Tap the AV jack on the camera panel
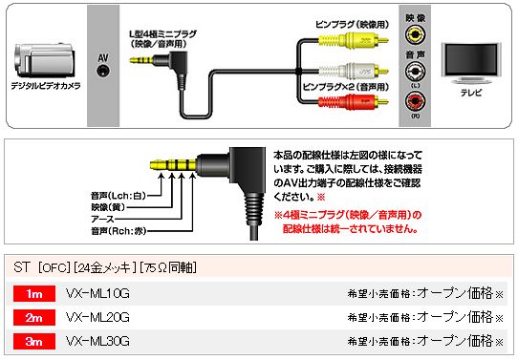click(x=103, y=71)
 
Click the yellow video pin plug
click(x=353, y=41)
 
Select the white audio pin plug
click(x=353, y=71)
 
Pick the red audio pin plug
click(x=353, y=101)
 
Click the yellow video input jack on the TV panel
click(x=415, y=34)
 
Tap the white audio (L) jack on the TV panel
click(x=415, y=71)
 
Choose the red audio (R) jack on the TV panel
click(x=415, y=101)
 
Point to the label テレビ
click(x=471, y=93)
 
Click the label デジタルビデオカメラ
click(x=46, y=86)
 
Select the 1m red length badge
click(x=34, y=293)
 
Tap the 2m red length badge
click(x=34, y=317)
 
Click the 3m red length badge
click(x=34, y=341)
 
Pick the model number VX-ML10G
click(x=97, y=293)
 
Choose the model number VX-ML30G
click(x=97, y=341)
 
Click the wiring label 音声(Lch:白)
click(x=119, y=196)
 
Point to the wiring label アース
click(x=103, y=219)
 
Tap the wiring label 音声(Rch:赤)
click(x=119, y=231)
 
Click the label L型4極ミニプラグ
click(x=162, y=34)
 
